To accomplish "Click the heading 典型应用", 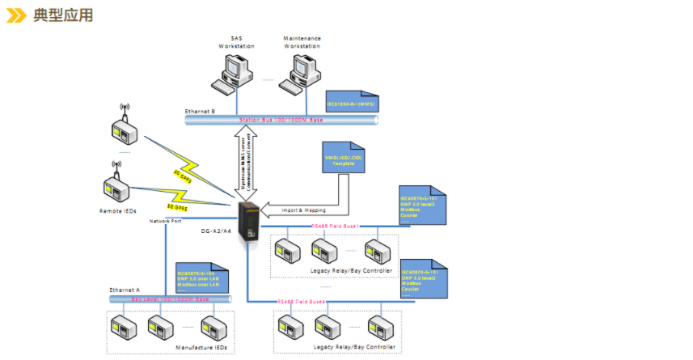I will click(x=62, y=15).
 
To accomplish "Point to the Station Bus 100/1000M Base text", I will click(x=281, y=120).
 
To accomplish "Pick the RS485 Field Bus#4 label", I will click(x=302, y=301).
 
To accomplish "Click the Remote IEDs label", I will click(x=119, y=210).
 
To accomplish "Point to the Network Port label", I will click(x=165, y=220).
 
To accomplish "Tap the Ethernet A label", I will click(x=125, y=289).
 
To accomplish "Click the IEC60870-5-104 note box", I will click(x=201, y=277).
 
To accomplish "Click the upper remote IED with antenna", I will click(x=125, y=127).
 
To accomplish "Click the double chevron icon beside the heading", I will click(x=17, y=15).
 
